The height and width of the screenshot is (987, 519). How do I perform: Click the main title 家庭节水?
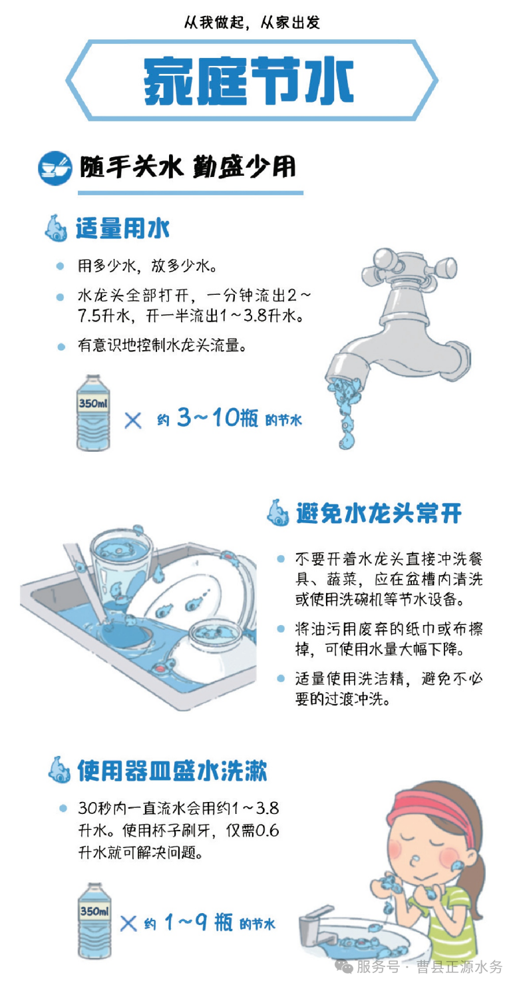click(249, 82)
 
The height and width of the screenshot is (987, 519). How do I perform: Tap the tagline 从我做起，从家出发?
click(252, 23)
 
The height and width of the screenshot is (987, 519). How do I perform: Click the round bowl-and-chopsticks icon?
click(55, 168)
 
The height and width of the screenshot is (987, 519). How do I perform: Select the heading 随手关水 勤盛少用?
click(187, 168)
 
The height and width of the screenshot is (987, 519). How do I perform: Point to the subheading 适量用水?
click(122, 229)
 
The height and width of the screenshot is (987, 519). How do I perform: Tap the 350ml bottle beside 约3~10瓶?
click(93, 413)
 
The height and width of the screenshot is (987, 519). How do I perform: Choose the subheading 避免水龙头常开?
click(379, 513)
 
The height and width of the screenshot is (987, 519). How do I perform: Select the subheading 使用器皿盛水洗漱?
click(172, 771)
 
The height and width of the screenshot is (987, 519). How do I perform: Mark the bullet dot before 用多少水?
click(61, 266)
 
